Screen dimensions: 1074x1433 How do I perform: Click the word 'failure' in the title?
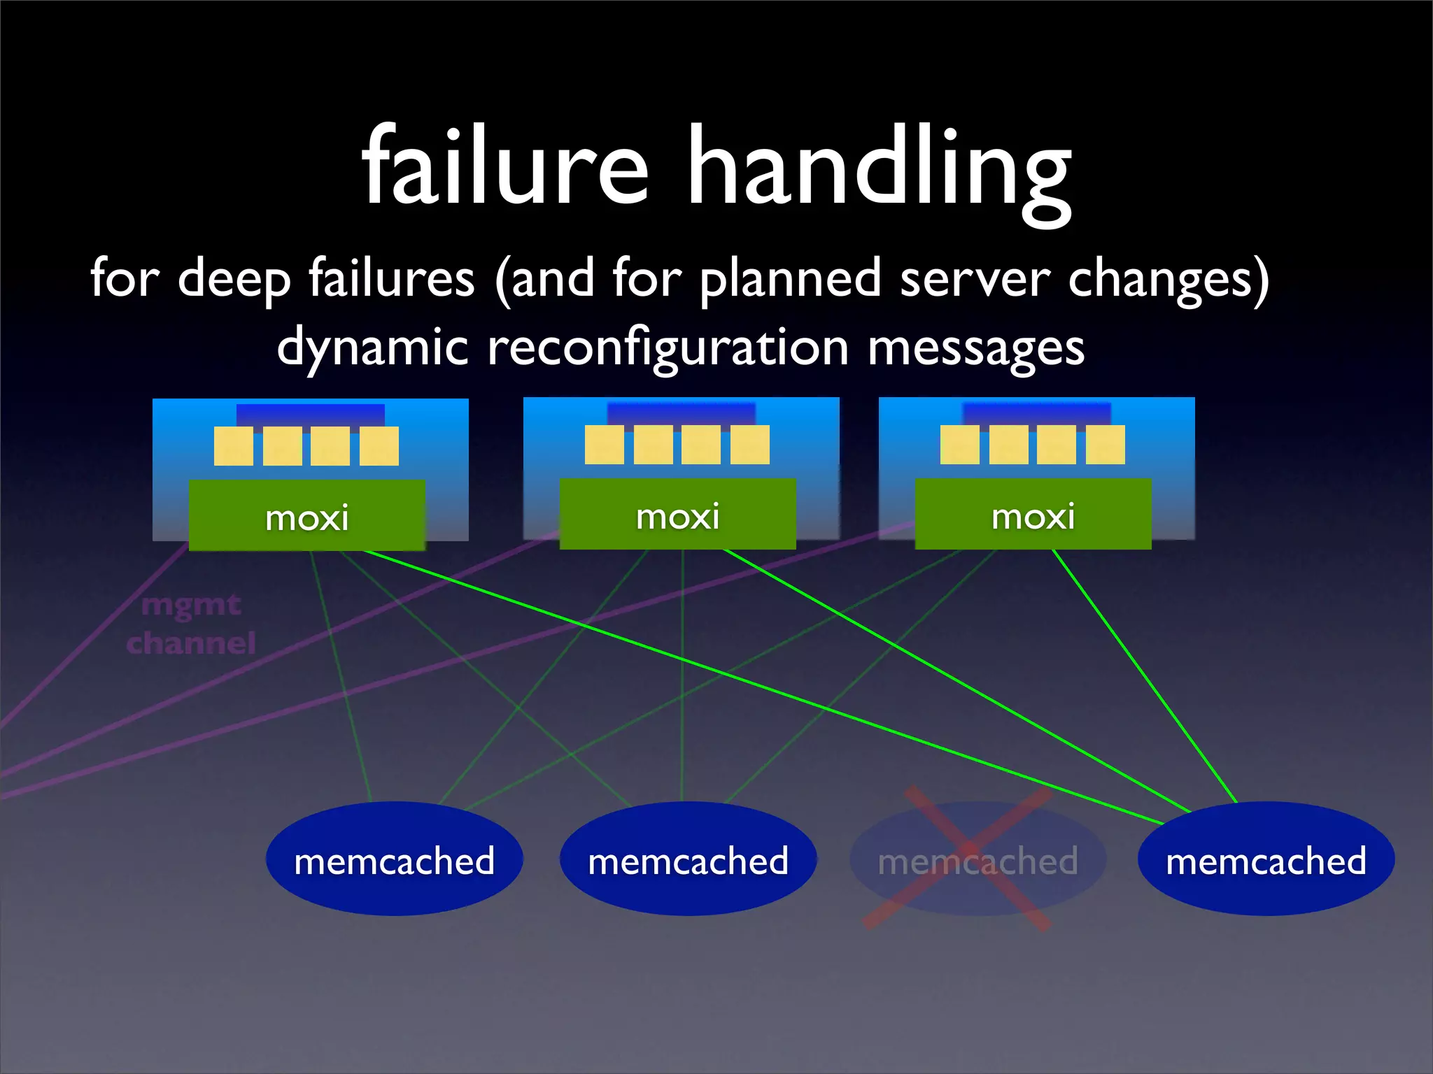point(505,168)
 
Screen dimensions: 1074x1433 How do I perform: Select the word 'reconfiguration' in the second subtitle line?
point(668,348)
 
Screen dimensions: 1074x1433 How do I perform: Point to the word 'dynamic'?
point(372,348)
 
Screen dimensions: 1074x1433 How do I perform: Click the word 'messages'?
point(976,348)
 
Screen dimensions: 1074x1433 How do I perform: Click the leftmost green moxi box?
point(306,516)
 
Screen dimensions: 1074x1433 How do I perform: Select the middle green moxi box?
point(677,515)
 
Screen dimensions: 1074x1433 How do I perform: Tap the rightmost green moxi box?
point(1033,515)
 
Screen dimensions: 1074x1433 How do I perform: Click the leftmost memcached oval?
point(394,859)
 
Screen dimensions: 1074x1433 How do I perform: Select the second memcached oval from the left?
point(688,859)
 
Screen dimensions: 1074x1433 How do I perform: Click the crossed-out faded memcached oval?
point(977,859)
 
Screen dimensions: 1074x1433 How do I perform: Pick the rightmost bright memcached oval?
point(1266,859)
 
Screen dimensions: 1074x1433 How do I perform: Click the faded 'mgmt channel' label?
point(190,624)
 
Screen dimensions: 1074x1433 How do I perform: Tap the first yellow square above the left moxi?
point(234,446)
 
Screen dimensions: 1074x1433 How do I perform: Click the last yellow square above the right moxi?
point(1106,445)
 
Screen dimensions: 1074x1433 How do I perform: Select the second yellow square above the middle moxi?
point(653,445)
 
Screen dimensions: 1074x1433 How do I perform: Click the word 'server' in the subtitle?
point(975,278)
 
